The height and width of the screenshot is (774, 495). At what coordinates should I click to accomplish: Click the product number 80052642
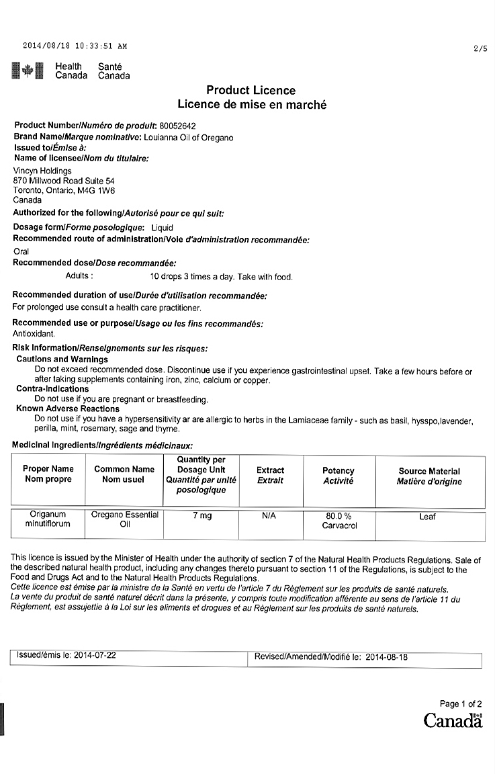coord(177,126)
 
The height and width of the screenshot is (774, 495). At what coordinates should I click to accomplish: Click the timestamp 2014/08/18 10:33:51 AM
coord(75,46)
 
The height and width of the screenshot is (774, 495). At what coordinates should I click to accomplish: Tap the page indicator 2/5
coord(480,48)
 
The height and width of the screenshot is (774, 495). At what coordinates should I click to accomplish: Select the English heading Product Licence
coord(251,91)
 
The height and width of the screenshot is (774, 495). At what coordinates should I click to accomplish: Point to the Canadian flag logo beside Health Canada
coord(28,71)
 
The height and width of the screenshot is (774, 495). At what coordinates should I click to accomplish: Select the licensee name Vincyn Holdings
coord(42,171)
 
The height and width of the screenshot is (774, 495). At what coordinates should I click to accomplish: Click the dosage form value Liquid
coord(162,228)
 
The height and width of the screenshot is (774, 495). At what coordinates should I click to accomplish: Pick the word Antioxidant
coord(34,333)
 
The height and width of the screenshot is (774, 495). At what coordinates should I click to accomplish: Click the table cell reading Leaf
coord(428,517)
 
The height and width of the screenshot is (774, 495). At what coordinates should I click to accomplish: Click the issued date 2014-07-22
coord(95,654)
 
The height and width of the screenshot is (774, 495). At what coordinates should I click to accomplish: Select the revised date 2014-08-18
coord(387,657)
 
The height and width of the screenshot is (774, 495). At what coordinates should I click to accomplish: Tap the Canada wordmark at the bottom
coord(453,720)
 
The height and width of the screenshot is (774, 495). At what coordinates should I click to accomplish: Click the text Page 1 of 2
coord(461,703)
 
